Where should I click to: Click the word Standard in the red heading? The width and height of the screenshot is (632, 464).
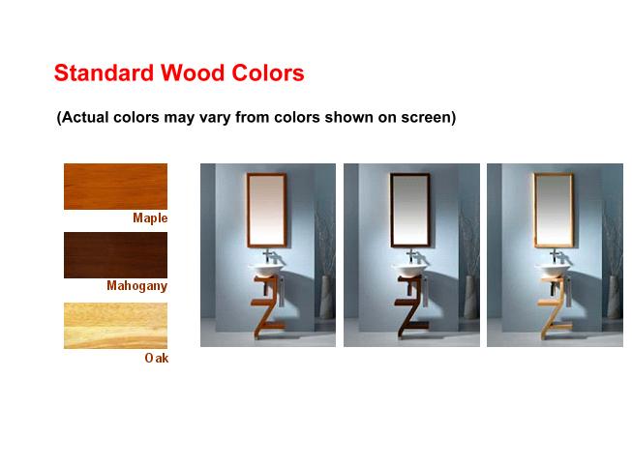coord(104,72)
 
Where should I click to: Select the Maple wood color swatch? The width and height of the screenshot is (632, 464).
coord(116,187)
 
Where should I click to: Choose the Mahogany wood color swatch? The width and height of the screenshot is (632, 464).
coord(116,255)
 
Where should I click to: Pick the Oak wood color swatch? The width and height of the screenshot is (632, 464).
coord(116,326)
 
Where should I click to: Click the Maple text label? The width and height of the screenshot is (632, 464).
coord(150,218)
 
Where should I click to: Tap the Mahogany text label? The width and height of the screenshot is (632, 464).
coord(137,286)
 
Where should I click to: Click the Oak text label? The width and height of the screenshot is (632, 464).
coord(157,358)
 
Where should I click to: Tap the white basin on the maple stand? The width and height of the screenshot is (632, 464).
coord(265,270)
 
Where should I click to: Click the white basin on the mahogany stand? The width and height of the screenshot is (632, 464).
coord(409,270)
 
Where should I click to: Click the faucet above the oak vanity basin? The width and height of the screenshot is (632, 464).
coord(557,256)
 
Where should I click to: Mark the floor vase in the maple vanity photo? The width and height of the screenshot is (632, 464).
coord(325,297)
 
